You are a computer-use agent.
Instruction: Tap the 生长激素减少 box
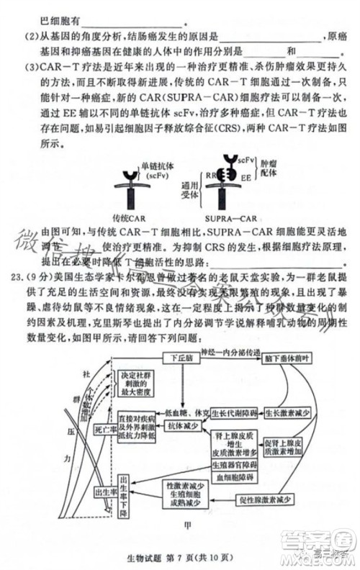287,413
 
